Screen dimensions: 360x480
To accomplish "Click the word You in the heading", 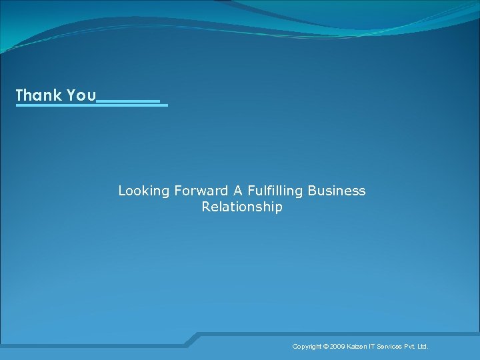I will click(81, 95).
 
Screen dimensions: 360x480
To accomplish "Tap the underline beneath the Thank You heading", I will click(91, 105).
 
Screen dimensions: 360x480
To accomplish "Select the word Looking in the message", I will click(144, 191).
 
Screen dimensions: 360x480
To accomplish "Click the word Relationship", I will click(242, 207).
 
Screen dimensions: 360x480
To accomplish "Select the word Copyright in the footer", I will click(307, 347).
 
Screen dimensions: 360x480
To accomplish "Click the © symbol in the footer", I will click(326, 347).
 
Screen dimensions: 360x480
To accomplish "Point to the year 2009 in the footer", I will click(337, 347).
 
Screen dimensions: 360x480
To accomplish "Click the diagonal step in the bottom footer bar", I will click(192, 339).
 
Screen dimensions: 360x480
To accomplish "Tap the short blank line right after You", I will click(129, 101).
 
